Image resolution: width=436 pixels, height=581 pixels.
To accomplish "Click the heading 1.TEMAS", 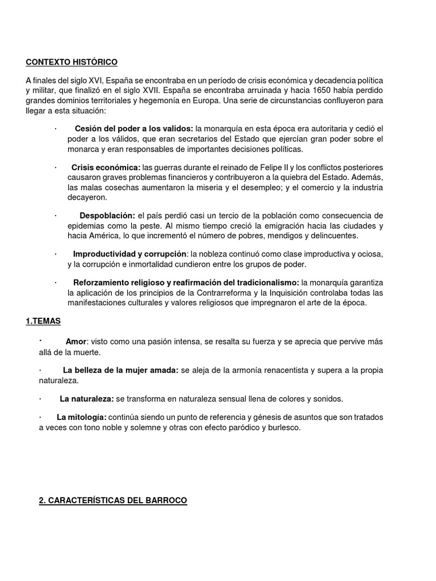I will [43, 321].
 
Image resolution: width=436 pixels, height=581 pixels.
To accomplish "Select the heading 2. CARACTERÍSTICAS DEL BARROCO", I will [106, 500].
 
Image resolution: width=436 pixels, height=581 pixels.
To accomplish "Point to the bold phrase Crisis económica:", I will [106, 167].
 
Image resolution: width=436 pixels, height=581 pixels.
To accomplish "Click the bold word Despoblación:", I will [107, 216].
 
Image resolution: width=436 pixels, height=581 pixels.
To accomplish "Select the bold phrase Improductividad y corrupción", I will [130, 254].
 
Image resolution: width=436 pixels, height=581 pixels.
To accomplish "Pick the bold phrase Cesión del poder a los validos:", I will [134, 129].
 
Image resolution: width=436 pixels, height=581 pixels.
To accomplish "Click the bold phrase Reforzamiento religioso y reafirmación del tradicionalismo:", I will [186, 283].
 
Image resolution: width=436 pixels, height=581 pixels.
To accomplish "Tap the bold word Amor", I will [76, 342].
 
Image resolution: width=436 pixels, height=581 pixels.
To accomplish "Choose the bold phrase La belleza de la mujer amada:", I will [121, 371].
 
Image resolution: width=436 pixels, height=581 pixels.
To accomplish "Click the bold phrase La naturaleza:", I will [87, 399].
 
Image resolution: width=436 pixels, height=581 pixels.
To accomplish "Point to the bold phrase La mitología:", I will [82, 418].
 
